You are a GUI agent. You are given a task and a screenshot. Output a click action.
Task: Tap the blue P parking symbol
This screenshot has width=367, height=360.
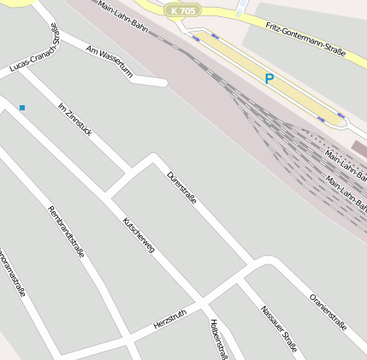pyautogui.click(x=269, y=79)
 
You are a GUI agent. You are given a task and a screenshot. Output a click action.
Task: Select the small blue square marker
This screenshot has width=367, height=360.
pyautogui.click(x=22, y=107)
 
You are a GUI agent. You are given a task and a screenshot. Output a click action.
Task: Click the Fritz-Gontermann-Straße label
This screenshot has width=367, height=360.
pyautogui.click(x=305, y=39)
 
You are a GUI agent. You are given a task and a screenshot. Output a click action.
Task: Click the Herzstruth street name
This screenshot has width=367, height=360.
pyautogui.click(x=170, y=320)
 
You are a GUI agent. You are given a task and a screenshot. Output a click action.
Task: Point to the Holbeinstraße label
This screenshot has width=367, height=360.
pyautogui.click(x=218, y=339)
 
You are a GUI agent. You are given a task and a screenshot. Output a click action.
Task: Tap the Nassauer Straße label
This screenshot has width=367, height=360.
pyautogui.click(x=279, y=329)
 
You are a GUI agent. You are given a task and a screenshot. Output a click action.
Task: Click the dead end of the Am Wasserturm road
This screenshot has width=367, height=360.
pyautogui.click(x=163, y=83)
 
